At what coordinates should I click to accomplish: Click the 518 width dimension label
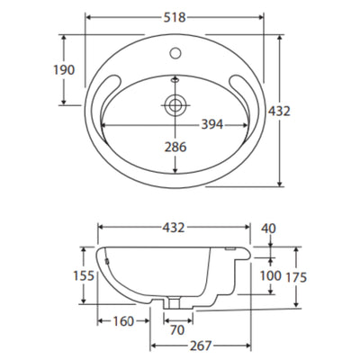175,17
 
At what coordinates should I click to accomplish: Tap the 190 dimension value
64,70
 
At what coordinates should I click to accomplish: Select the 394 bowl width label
212,124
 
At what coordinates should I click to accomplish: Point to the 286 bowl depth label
175,147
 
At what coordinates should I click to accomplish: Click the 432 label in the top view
279,112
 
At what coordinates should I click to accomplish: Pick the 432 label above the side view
174,228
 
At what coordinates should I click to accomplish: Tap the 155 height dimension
84,275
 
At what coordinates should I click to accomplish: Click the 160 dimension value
123,321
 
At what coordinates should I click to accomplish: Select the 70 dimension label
177,330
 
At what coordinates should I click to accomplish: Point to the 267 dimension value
201,346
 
